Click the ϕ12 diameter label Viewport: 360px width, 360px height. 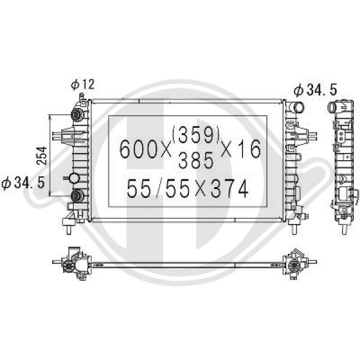point(83,85)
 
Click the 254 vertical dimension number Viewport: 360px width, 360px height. point(40,155)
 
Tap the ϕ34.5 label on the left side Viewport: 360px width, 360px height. point(23,182)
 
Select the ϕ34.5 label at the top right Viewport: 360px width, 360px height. point(316,90)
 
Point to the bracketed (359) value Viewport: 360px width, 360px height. point(197,136)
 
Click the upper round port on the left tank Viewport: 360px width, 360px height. point(77,115)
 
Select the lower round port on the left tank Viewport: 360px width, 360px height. point(77,196)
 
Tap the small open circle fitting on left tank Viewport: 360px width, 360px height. point(74,178)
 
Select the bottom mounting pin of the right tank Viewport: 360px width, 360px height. point(295,228)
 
